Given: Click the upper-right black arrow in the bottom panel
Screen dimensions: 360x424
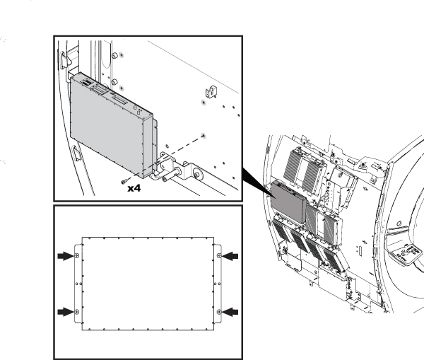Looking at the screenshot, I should [231, 256].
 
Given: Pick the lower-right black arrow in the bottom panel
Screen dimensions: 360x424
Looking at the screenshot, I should [231, 311].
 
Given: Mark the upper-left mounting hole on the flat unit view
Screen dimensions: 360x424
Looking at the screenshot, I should [78, 256].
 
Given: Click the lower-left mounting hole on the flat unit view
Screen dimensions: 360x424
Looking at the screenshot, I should [78, 311].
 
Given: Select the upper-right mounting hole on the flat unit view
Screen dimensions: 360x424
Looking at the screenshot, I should [218, 256].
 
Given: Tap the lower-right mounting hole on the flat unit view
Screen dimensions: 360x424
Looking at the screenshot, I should [218, 311].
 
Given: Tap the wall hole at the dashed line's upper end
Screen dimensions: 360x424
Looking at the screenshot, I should [204, 134].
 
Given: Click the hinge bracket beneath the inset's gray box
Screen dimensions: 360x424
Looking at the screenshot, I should [173, 171].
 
